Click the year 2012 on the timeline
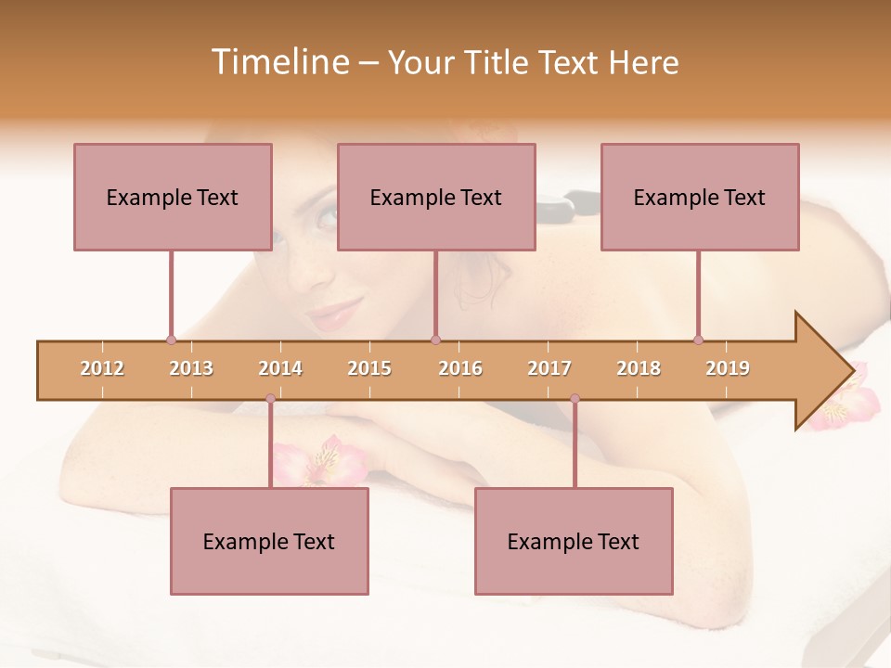[102, 368]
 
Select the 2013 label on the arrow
[191, 368]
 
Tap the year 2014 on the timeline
[280, 368]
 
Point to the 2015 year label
[369, 368]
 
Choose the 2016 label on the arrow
[460, 368]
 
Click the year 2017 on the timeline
[549, 368]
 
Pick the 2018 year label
[639, 368]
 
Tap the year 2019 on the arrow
[728, 368]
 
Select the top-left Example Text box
[173, 197]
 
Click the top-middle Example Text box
[436, 197]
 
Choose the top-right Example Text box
[700, 197]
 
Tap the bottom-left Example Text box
[269, 541]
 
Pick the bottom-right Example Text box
[574, 541]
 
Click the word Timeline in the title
[278, 62]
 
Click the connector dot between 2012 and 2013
[171, 340]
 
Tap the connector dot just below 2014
[270, 399]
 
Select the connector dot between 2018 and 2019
[698, 340]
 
